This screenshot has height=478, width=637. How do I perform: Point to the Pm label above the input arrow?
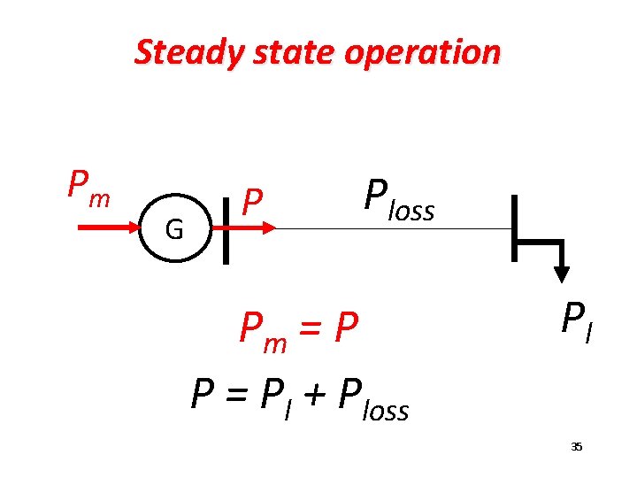(88, 187)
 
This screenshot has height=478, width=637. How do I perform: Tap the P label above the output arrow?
(253, 203)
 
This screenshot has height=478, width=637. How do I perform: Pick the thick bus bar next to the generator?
(226, 229)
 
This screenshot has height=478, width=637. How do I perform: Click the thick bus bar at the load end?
(514, 228)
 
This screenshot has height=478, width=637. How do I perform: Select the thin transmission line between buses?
(389, 228)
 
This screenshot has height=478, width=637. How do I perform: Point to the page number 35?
(576, 447)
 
